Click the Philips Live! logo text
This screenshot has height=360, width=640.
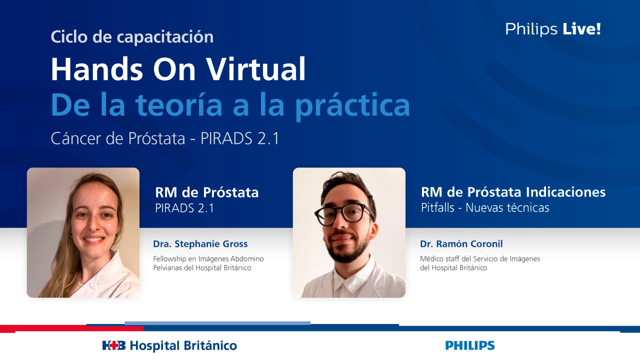click(552, 29)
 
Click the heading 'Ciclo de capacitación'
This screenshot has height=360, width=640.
click(132, 36)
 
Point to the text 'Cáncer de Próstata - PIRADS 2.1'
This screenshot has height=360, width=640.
click(165, 138)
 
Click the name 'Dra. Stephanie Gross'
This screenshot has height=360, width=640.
click(200, 244)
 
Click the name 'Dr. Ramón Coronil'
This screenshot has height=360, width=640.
click(461, 244)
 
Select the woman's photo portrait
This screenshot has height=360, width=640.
click(83, 232)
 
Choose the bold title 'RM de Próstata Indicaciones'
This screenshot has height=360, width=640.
click(513, 192)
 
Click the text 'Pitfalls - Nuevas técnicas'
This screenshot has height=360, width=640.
click(485, 207)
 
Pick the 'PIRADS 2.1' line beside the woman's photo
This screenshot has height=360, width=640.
click(184, 208)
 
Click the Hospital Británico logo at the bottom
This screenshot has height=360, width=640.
click(169, 345)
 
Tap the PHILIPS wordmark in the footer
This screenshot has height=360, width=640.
click(469, 345)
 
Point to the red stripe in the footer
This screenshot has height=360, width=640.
click(70, 328)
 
